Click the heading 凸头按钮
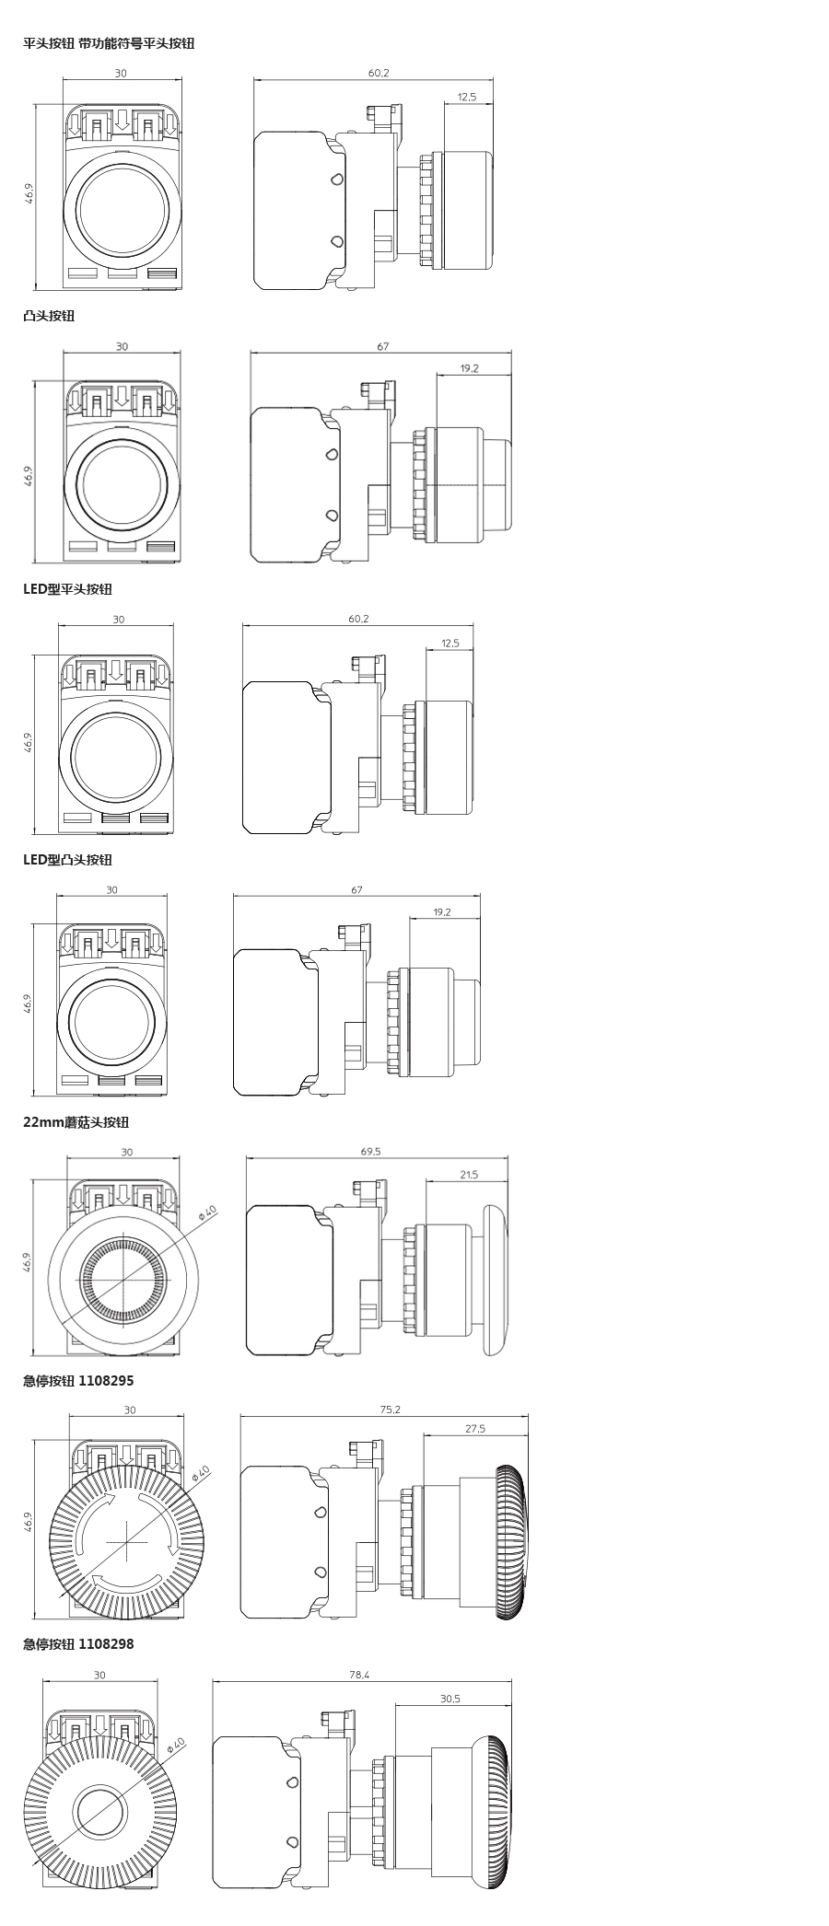tap(49, 316)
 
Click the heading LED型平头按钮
tap(67, 589)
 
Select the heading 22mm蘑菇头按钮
tap(76, 1122)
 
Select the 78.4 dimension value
tap(361, 1675)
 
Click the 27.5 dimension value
tap(475, 1429)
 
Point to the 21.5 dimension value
tap(468, 1174)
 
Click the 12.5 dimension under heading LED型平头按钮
tap(450, 644)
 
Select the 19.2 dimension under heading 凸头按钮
tap(469, 368)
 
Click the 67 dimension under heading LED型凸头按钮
tap(356, 890)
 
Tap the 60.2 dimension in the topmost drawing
tap(379, 73)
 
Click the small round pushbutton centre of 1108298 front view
tap(99, 1810)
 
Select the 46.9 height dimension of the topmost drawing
tap(29, 195)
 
